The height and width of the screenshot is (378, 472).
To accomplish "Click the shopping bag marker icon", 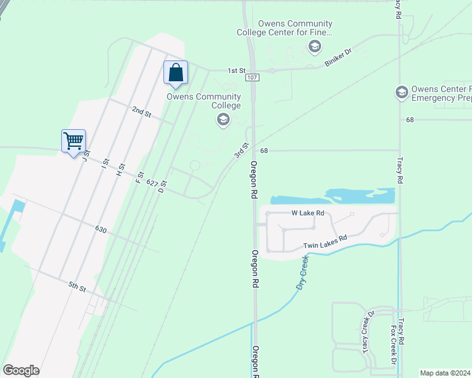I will coord(175,72).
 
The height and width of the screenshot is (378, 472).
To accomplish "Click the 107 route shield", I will coord(252,77).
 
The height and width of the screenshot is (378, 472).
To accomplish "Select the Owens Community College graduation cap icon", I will coord(222,119).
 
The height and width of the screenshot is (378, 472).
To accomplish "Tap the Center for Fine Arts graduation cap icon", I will coord(314,46).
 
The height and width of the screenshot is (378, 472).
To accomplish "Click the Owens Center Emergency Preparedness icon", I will coord(401,93).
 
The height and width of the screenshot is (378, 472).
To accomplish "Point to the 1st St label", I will coord(236,71).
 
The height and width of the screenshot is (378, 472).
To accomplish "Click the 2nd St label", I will coord(141,112).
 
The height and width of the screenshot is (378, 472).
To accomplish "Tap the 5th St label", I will coord(78,287).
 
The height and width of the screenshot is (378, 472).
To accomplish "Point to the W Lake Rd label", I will coord(307,213).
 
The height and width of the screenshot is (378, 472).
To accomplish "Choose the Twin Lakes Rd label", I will coord(325,242).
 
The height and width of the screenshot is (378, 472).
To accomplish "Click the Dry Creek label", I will coord(304,272).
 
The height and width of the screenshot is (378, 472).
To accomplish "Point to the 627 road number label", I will coord(151,183).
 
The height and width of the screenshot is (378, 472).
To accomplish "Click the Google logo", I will coord(21,370).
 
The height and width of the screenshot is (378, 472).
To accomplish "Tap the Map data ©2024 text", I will coord(445,373).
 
